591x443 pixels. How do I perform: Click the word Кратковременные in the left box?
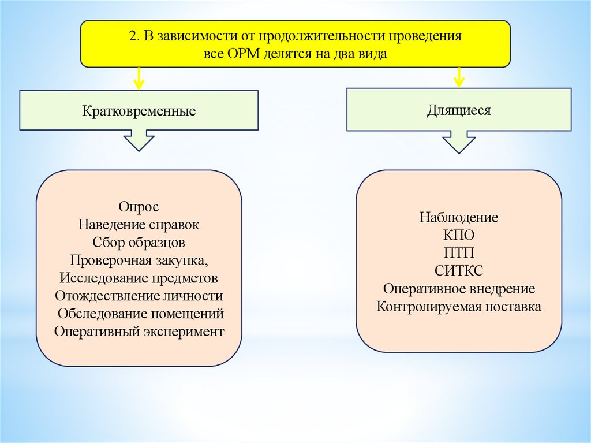click(139, 110)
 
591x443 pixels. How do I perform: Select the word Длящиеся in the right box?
click(459, 110)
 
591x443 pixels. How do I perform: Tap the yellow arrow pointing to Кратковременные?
click(139, 79)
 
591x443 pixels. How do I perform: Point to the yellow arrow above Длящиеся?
click(459, 76)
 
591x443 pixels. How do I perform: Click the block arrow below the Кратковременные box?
click(139, 140)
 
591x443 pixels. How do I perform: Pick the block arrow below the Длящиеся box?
click(459, 142)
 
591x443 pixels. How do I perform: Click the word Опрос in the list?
click(139, 206)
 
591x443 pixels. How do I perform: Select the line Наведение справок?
click(139, 224)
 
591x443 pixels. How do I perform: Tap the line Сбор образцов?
click(139, 242)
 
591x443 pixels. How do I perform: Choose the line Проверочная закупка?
click(139, 260)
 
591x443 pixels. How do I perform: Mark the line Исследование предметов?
click(139, 278)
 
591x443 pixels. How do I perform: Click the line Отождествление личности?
click(139, 296)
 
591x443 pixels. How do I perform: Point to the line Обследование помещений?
click(140, 314)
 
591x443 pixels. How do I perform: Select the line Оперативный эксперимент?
click(139, 332)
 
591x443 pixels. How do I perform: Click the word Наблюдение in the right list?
click(459, 218)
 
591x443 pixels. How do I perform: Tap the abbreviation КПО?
click(459, 236)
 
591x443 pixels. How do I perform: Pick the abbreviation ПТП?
click(459, 253)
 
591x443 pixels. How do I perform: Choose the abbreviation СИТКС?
click(459, 271)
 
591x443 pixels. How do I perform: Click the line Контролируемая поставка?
click(459, 307)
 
